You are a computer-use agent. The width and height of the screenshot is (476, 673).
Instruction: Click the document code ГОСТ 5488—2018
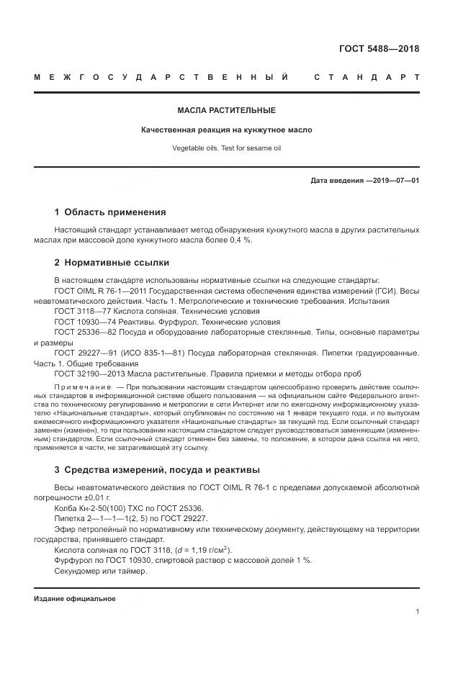pyautogui.click(x=379, y=49)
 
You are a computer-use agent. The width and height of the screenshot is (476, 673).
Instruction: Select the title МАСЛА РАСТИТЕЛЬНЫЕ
pyautogui.click(x=227, y=110)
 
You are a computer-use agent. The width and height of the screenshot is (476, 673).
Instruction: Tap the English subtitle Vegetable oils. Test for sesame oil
pyautogui.click(x=227, y=148)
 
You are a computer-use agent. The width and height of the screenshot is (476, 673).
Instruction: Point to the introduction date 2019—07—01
pyautogui.click(x=395, y=180)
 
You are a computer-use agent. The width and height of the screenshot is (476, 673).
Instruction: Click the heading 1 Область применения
pyautogui.click(x=110, y=212)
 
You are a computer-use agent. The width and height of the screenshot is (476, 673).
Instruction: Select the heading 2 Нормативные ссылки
pyautogui.click(x=112, y=263)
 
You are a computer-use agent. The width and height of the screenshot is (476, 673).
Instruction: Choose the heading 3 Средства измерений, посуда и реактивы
pyautogui.click(x=157, y=471)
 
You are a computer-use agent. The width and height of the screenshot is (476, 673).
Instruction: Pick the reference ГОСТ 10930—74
pyautogui.click(x=84, y=322)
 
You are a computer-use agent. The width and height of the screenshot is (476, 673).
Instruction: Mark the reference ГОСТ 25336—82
pyautogui.click(x=84, y=333)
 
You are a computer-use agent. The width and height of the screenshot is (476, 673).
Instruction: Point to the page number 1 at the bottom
pyautogui.click(x=417, y=612)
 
